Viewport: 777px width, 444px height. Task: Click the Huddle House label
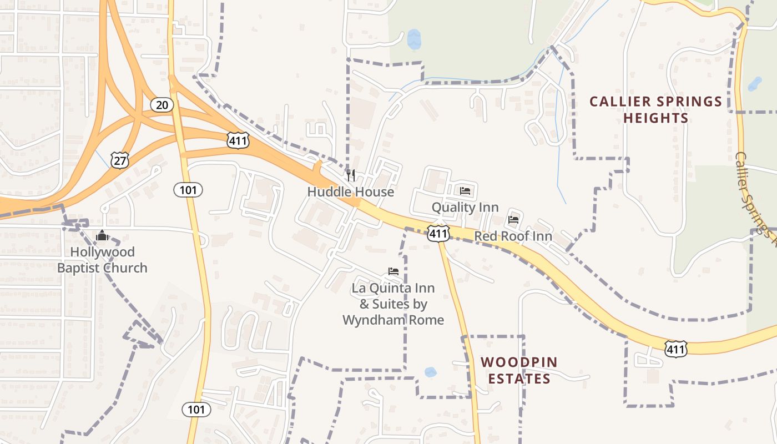tap(351, 192)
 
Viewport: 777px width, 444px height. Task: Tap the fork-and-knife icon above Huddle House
tap(351, 175)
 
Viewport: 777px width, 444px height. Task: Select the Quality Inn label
tap(465, 208)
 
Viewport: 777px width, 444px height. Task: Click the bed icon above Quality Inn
tap(465, 191)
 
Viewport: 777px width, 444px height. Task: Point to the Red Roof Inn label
tap(513, 236)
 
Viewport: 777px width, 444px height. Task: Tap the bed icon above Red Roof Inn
tap(513, 220)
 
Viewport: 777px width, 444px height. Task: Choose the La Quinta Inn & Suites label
tap(393, 304)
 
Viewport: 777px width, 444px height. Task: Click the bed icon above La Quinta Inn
tap(393, 271)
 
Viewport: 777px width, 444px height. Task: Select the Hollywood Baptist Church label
tap(102, 260)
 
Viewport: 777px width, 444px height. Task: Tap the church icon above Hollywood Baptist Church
tap(102, 236)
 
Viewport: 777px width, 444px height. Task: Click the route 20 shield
tap(162, 104)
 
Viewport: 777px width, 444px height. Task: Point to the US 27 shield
tap(120, 160)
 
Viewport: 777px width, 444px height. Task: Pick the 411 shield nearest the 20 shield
tap(238, 140)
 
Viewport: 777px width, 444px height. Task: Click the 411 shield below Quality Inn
tap(438, 234)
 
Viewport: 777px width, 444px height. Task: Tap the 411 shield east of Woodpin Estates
tap(676, 349)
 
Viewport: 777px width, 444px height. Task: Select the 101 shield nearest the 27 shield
tap(188, 190)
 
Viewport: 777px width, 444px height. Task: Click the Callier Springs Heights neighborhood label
tap(655, 110)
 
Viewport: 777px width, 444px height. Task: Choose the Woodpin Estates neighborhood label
tap(519, 370)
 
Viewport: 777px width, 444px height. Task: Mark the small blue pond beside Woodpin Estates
tap(431, 372)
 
